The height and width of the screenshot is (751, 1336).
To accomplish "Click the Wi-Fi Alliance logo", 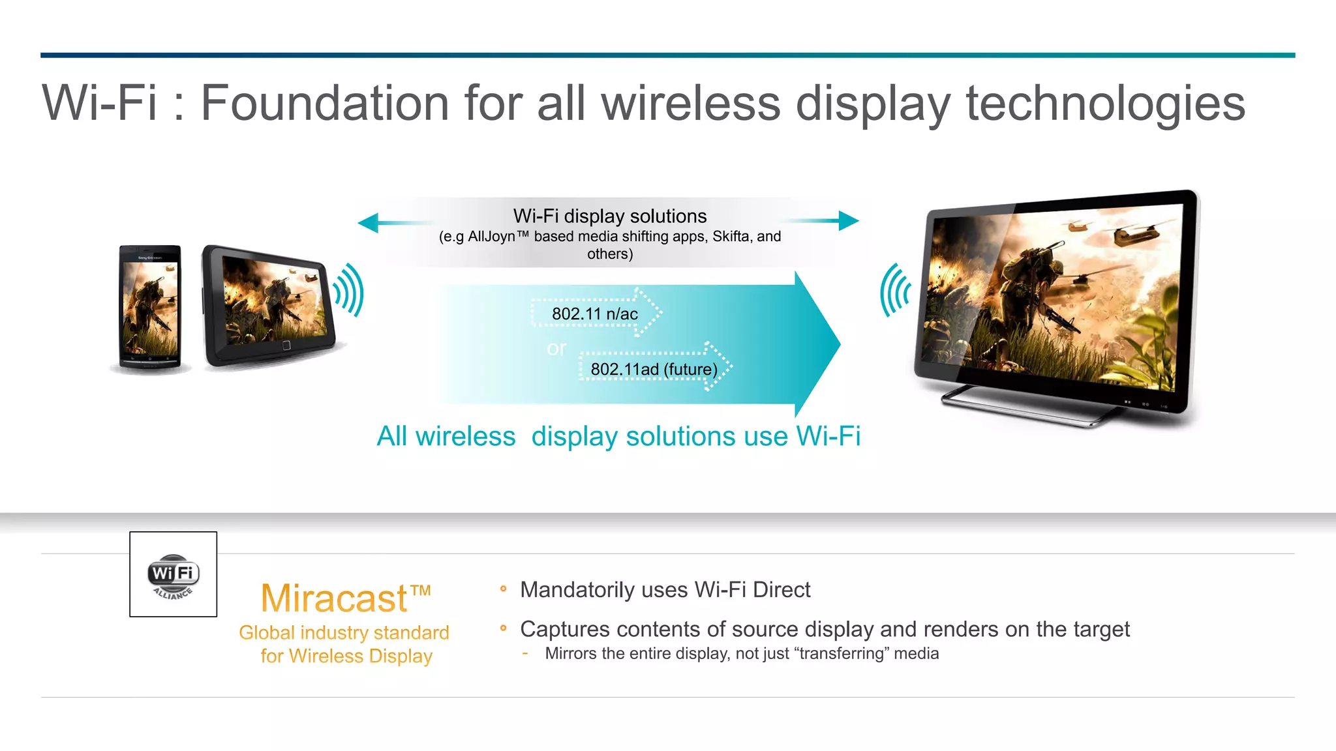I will (x=173, y=574).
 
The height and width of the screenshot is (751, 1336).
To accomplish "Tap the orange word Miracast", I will (x=334, y=598).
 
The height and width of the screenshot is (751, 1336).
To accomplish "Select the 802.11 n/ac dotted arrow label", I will (x=594, y=314).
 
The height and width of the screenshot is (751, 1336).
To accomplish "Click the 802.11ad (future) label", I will (x=654, y=369).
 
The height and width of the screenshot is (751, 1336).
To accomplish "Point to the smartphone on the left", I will (x=150, y=308).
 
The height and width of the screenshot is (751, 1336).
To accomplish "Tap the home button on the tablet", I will (x=286, y=345).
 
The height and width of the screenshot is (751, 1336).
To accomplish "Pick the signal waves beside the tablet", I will (x=349, y=290).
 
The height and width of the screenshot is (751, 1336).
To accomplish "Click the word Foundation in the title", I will (x=324, y=103).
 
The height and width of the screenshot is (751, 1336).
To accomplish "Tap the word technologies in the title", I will (x=1105, y=103).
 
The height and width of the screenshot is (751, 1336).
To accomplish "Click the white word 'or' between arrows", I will (x=556, y=348).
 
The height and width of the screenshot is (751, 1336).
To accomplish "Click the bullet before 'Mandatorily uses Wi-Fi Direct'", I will (x=503, y=589).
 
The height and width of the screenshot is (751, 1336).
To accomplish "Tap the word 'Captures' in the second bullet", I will (x=565, y=629).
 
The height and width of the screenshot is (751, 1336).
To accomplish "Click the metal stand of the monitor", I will (x=1024, y=408).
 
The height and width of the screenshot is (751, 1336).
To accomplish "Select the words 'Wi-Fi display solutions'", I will (x=610, y=216).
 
